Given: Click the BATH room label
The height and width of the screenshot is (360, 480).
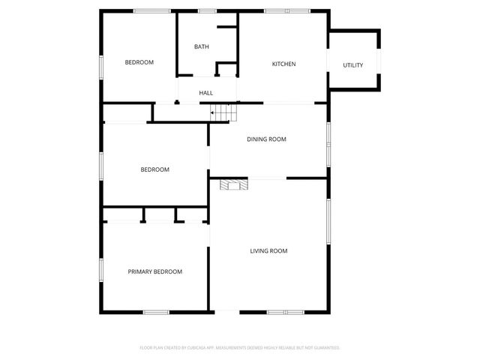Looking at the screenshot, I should point(201,47).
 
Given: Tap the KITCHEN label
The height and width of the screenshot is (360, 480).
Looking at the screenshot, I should point(283,64).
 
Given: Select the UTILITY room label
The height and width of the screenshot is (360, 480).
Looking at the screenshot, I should point(353,65).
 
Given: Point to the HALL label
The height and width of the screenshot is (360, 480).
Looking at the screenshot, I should point(206,93).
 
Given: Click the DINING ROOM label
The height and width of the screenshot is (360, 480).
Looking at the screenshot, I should point(267,139).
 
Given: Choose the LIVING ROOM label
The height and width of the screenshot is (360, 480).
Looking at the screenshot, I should point(268,250).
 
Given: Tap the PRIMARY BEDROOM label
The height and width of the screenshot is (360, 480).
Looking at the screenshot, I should point(155,271).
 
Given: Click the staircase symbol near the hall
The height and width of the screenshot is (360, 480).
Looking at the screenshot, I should point(223,112).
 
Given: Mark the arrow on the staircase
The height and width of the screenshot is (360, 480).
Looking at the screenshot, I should point(216,113).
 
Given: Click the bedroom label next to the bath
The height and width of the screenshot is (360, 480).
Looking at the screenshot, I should point(139,62).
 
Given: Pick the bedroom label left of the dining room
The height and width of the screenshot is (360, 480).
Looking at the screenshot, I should point(155,169).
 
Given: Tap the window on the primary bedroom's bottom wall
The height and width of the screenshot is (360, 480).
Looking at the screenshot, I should point(155,312).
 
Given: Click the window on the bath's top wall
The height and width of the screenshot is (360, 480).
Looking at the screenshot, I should point(206,10).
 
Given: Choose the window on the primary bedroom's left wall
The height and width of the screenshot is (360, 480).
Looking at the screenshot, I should point(101,268).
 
